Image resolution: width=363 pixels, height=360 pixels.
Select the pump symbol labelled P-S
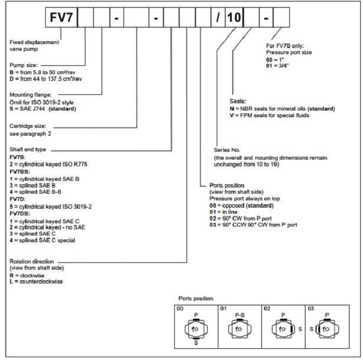tap(235, 330)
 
